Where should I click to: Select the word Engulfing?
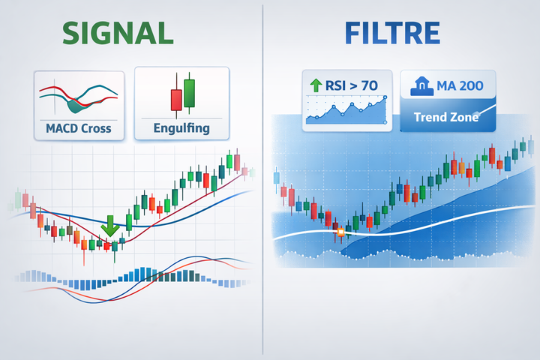pos(182,128)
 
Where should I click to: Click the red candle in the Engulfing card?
pos(176,99)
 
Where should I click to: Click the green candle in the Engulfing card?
pos(188,94)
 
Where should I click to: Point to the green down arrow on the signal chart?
pos(109,226)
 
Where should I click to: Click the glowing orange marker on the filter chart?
pos(340,232)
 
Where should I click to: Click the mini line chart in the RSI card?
pos(349,111)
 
